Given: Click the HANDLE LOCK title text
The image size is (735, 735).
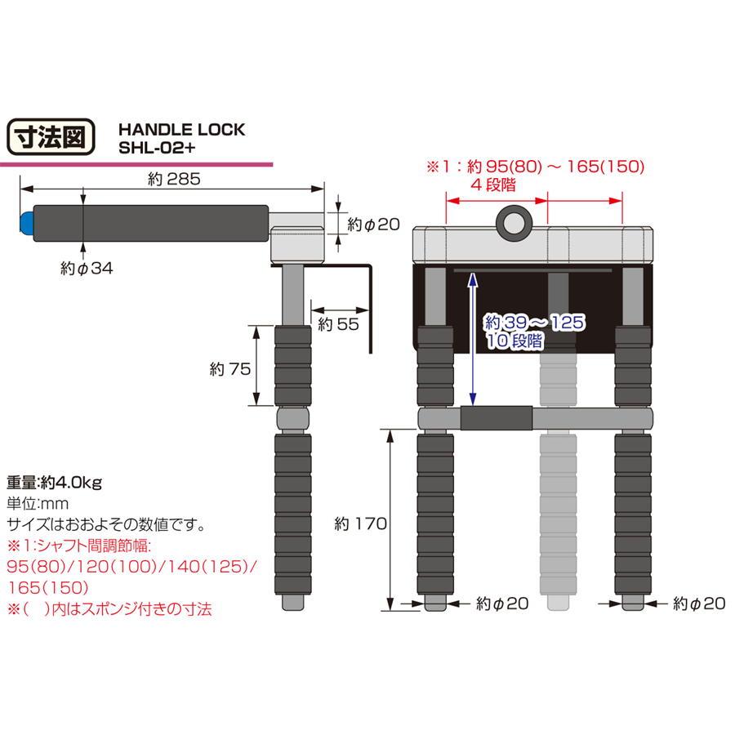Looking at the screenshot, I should coord(181,130).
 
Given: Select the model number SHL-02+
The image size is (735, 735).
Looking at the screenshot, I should coord(156,149).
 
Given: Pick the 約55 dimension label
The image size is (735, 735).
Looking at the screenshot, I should coord(338,324).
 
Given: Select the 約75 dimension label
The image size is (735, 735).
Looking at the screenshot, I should coord(229,368).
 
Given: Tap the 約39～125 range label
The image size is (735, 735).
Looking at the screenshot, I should coord(535,323).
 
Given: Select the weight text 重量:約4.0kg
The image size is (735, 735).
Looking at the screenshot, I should coord(54,481).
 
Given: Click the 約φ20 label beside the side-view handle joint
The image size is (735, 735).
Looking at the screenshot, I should coord(373,224).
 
